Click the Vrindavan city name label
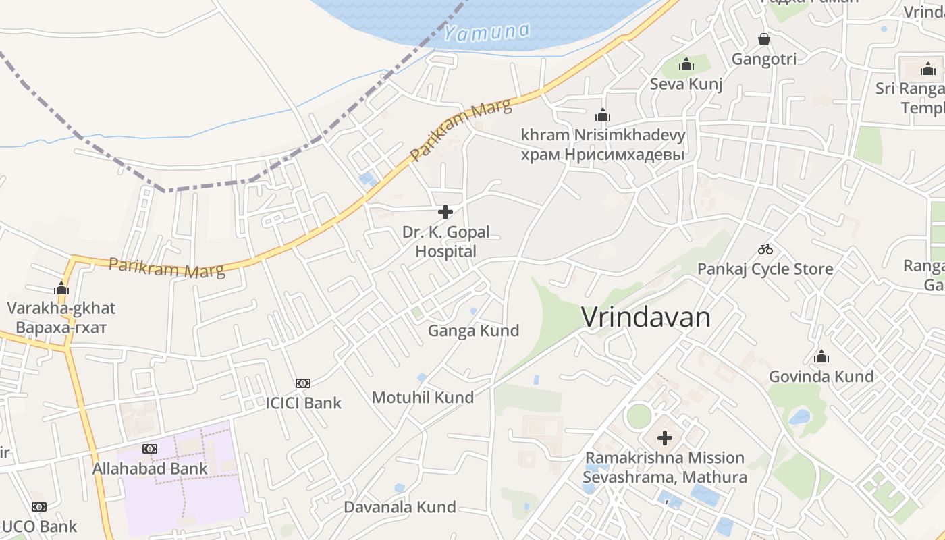646,317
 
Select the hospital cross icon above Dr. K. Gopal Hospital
446,212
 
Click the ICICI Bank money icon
303,383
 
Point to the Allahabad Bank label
150,468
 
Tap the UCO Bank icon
39,507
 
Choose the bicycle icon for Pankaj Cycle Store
765,249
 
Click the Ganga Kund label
473,331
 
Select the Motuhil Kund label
423,398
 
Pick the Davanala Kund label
400,507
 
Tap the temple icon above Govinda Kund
821,356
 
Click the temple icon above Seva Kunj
686,65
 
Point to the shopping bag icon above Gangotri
764,39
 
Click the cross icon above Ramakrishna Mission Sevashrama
665,438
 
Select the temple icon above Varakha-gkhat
61,289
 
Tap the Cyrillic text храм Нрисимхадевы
602,155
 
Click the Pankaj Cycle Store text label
765,269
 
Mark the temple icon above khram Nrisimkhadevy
602,115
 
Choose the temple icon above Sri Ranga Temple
928,69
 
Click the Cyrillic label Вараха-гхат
61,328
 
